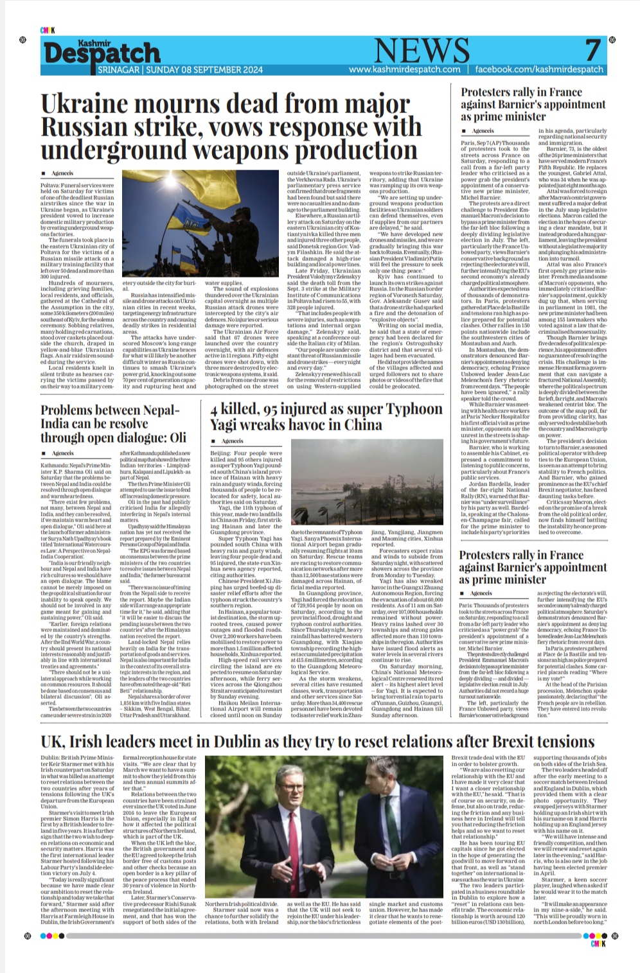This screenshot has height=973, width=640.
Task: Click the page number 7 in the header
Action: point(592,49)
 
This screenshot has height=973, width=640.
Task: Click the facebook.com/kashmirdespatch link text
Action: point(539,69)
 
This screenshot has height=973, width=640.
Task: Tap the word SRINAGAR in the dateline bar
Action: point(120,69)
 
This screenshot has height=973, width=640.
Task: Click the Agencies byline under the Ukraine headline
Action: point(62,173)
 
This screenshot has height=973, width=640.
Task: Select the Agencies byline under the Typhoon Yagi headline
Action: point(232,441)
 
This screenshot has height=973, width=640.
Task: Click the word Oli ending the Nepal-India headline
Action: point(177,437)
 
